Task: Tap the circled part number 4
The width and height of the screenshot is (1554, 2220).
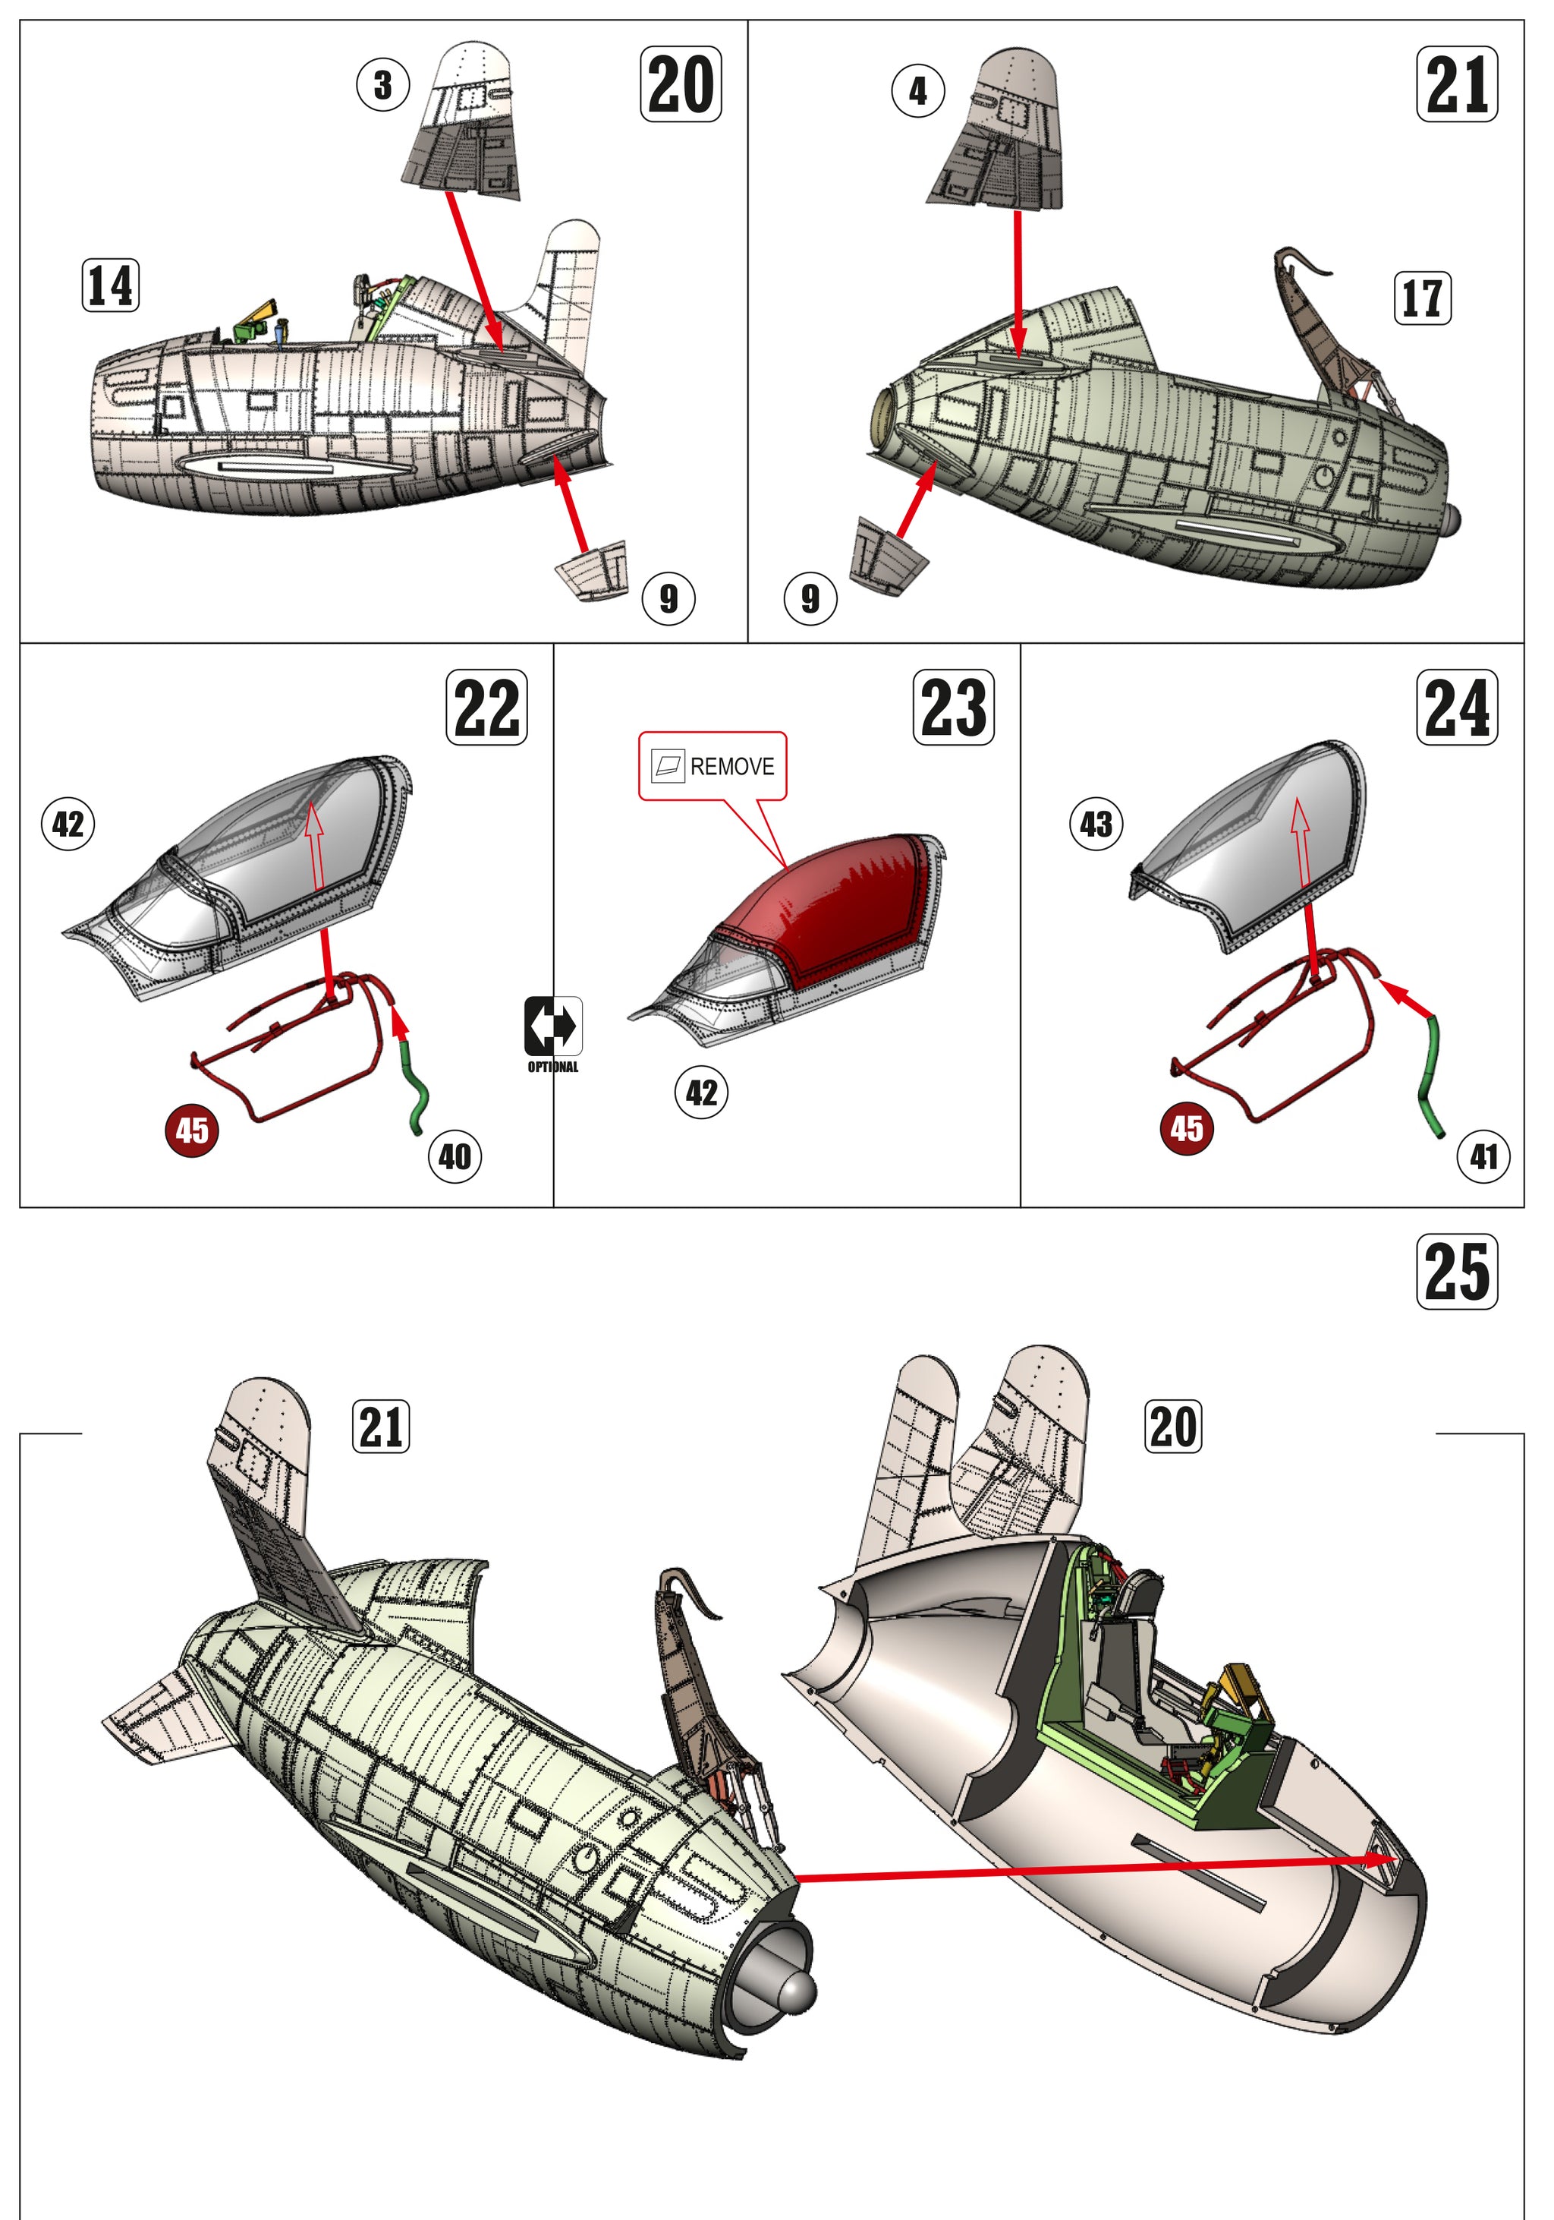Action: pos(917,92)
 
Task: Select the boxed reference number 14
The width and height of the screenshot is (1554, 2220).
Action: pos(110,285)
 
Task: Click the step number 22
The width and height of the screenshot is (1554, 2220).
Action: pos(486,708)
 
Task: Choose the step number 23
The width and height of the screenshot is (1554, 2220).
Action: pos(953,708)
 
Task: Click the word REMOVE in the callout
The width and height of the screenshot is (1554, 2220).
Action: pos(731,767)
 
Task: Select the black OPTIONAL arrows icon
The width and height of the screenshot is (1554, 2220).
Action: pos(553,1026)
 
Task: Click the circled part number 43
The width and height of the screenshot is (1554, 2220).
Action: pos(1096,825)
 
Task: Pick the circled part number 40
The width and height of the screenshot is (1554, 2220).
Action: pos(455,1156)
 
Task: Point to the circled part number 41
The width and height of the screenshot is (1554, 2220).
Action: pos(1483,1156)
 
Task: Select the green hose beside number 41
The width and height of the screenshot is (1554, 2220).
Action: pos(1428,1074)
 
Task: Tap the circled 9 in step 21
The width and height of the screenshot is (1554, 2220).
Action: pos(810,598)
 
